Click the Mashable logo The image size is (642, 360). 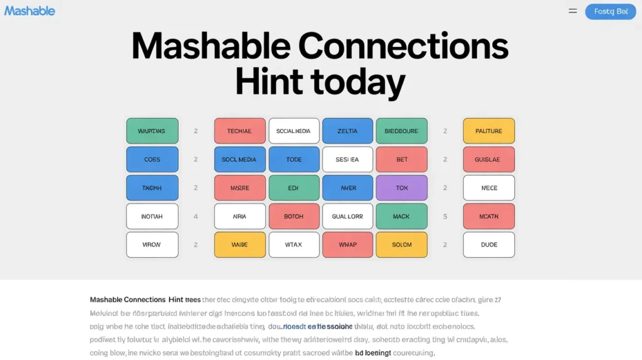[29, 11]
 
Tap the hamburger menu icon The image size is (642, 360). [572, 11]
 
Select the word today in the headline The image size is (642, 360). [359, 83]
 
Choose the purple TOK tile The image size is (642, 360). [401, 188]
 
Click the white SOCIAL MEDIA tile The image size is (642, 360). [293, 131]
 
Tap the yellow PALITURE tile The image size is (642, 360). [488, 131]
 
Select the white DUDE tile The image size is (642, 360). [488, 245]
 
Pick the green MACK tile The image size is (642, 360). [401, 216]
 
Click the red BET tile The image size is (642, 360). [401, 159]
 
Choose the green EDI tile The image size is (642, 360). [293, 188]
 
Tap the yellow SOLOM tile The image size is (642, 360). [401, 245]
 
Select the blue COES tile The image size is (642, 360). [152, 159]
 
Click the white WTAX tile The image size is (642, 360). [293, 245]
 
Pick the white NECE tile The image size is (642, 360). [488, 188]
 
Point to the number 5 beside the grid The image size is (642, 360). [445, 216]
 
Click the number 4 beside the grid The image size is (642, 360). [196, 216]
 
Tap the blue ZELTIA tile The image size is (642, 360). [347, 131]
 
